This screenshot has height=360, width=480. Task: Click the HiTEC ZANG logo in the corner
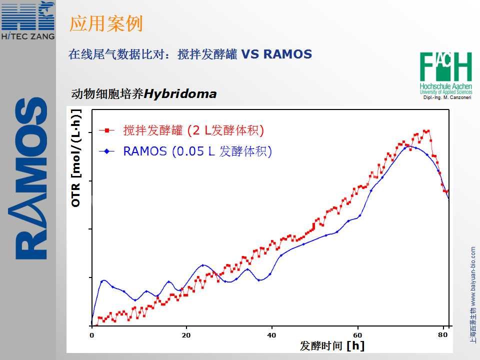[27, 20]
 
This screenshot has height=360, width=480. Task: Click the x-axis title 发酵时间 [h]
[332, 345]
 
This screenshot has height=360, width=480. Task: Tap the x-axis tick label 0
[91, 334]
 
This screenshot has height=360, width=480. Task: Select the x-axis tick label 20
[186, 334]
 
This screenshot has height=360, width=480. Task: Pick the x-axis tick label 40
[272, 334]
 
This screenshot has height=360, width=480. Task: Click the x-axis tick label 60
[358, 334]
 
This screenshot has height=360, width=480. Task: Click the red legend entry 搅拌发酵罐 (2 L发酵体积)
[193, 130]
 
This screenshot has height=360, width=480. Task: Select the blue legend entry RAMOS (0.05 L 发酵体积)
[197, 151]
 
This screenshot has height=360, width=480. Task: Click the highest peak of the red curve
[426, 131]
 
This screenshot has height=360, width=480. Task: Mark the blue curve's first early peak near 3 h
[103, 280]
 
